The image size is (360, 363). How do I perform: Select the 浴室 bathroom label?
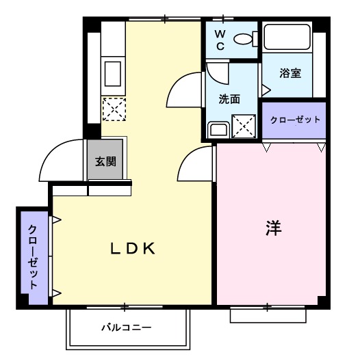[291, 73]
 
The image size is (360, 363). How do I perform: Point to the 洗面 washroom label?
[229, 98]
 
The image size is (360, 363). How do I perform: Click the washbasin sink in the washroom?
[218, 129]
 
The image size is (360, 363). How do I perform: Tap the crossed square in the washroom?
[244, 126]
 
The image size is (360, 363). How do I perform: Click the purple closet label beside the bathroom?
[295, 120]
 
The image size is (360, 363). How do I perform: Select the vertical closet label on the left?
[33, 256]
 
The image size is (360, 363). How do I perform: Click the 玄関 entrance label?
[105, 162]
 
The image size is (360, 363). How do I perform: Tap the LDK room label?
[134, 249]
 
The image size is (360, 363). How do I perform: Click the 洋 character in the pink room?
[274, 228]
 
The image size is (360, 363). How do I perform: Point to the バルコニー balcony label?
[127, 327]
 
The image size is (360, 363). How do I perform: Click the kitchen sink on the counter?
[112, 72]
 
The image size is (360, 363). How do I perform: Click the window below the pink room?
[266, 314]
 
